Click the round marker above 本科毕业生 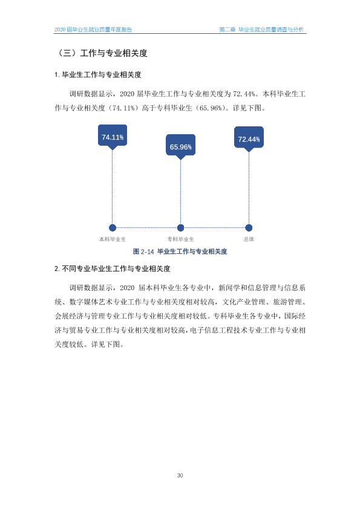113,228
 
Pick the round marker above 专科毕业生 181,228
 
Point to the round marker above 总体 249,228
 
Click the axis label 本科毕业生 113,239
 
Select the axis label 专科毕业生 181,239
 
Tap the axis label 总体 249,239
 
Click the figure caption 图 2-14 143,251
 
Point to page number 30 180,476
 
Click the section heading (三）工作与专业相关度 102,53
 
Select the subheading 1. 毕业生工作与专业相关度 98,75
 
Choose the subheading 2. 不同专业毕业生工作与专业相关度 113,269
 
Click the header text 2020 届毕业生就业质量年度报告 93,30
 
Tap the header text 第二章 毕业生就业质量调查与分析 261,30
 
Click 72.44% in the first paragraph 244,94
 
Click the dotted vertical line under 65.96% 181,192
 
